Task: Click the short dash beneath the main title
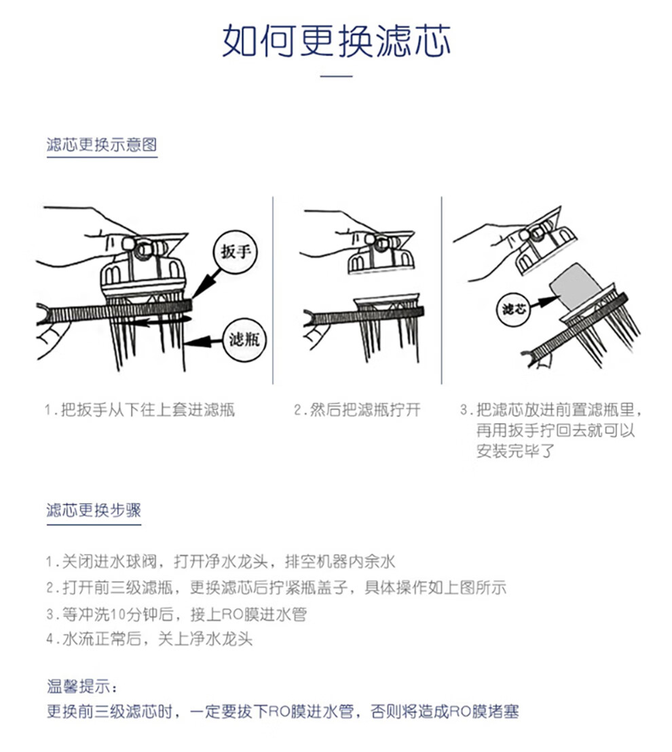[336, 76]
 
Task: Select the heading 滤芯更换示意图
[102, 144]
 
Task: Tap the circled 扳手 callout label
[236, 252]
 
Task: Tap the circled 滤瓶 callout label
[244, 340]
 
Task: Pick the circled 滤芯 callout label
[514, 309]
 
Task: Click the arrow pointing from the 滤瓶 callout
[204, 342]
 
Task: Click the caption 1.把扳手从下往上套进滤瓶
[140, 410]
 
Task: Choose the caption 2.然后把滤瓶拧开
[357, 410]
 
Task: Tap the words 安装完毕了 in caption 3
[515, 451]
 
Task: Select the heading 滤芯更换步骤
[94, 510]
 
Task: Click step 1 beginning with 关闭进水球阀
[221, 561]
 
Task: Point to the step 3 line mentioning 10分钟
[176, 614]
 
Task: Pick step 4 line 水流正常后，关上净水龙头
[149, 639]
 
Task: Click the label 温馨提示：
[82, 686]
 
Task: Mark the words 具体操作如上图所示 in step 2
[435, 587]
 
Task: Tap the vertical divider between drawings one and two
[273, 290]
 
